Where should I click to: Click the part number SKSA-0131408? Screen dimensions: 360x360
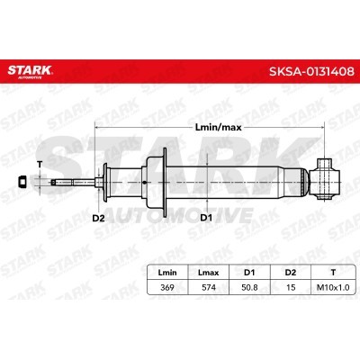(x=311, y=72)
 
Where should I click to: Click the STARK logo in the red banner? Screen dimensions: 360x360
(x=30, y=71)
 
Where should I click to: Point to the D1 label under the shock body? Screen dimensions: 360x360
(x=206, y=218)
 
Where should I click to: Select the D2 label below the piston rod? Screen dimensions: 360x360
(x=98, y=218)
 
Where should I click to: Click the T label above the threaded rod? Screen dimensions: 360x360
(x=40, y=164)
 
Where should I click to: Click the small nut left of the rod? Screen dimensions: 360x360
(x=22, y=182)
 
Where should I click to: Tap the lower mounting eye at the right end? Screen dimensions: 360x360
(x=325, y=179)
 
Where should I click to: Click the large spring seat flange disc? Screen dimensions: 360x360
(x=164, y=183)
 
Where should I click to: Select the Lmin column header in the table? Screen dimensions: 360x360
(x=167, y=273)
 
